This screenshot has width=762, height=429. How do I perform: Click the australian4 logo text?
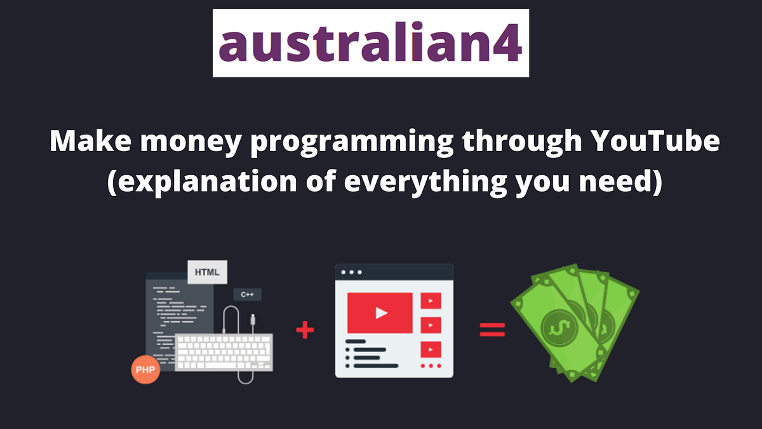pyautogui.click(x=370, y=43)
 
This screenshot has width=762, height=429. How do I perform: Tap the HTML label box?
pyautogui.click(x=207, y=272)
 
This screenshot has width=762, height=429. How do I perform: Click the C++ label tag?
pyautogui.click(x=247, y=294)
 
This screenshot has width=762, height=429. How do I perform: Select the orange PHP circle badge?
pyautogui.click(x=145, y=370)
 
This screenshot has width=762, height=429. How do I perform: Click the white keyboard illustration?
pyautogui.click(x=224, y=352)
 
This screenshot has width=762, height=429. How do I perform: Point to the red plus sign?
pyautogui.click(x=305, y=330)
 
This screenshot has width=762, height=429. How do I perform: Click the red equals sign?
pyautogui.click(x=492, y=330)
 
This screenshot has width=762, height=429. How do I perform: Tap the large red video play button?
pyautogui.click(x=380, y=312)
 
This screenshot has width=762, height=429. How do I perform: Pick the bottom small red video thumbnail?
pyautogui.click(x=431, y=349)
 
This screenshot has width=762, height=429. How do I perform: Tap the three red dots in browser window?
pyautogui.click(x=431, y=366)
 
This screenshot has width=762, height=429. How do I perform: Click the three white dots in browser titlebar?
pyautogui.click(x=351, y=272)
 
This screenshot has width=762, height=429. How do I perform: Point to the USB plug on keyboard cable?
pyautogui.click(x=253, y=320)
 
